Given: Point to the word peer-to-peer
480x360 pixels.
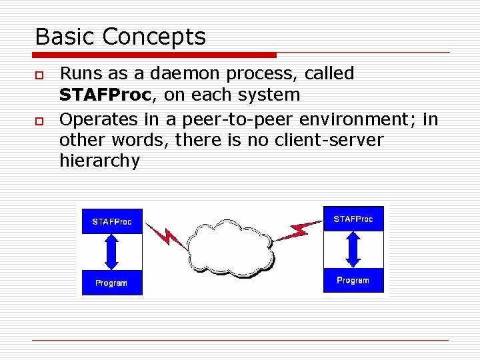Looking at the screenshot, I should pos(241,120).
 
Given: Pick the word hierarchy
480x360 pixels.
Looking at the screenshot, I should pos(99,161).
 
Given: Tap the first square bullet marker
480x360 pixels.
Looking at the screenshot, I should pos(38,74).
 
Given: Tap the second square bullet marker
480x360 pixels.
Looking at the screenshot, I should pos(38,120).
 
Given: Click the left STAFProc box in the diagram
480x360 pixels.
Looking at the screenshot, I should pos(112,221).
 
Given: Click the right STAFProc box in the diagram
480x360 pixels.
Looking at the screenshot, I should pos(353,219).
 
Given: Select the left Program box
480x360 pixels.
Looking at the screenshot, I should pos(111,283).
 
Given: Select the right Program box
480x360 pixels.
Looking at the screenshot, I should pos(353,280).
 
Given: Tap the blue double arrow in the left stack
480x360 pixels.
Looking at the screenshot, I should pos(112,252).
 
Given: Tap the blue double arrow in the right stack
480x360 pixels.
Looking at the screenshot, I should pos(353,249).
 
